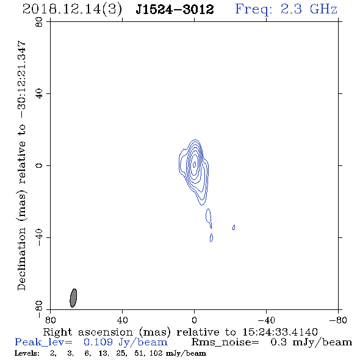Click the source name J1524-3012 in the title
click(x=175, y=9)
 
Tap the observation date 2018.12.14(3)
click(x=72, y=10)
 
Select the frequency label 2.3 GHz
click(x=309, y=9)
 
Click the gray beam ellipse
click(x=73, y=298)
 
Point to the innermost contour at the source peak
click(x=195, y=164)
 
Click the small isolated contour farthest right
click(x=234, y=228)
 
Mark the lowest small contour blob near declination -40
click(x=211, y=237)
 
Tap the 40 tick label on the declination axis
click(x=39, y=94)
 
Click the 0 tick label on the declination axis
click(x=39, y=165)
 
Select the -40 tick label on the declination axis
click(x=39, y=237)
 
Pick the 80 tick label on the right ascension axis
click(x=50, y=320)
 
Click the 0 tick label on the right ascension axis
click(x=194, y=320)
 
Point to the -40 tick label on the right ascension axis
click(x=266, y=320)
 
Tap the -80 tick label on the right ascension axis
click(x=338, y=320)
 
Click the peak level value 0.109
click(x=98, y=342)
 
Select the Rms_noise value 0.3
click(x=278, y=342)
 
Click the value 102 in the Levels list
click(x=157, y=353)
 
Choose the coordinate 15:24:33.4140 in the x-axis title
click(x=280, y=332)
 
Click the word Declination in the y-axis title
click(x=21, y=259)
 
